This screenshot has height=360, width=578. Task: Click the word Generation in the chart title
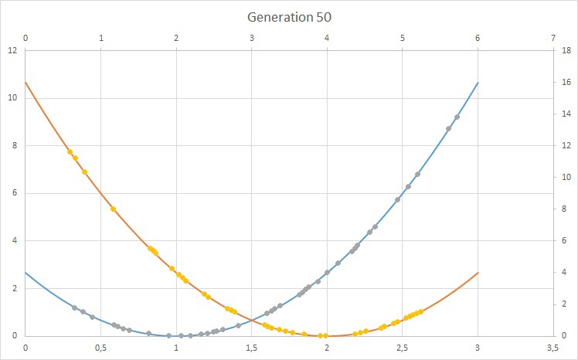(x=273, y=16)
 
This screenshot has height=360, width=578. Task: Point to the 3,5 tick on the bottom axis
(x=552, y=348)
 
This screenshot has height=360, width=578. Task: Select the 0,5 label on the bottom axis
(x=100, y=348)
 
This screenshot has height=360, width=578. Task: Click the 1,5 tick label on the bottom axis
(x=251, y=348)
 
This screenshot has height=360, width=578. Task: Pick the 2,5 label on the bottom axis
(x=402, y=348)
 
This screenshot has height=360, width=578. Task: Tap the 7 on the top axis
(x=553, y=38)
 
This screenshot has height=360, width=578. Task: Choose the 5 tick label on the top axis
(x=403, y=38)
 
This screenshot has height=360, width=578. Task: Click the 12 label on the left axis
(x=12, y=51)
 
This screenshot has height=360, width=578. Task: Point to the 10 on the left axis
(x=12, y=98)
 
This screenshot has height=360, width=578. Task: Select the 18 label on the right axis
(x=566, y=51)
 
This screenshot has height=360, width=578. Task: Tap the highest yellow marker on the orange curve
(x=70, y=151)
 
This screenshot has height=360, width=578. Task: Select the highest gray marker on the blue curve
(x=457, y=117)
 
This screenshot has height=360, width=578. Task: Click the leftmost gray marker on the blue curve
(x=75, y=307)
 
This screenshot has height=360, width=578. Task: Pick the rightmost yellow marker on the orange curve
(x=420, y=311)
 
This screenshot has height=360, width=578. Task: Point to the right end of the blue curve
(x=478, y=82)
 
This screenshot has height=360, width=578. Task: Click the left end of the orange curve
(x=25, y=82)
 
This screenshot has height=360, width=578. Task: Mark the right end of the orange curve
(x=478, y=272)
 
